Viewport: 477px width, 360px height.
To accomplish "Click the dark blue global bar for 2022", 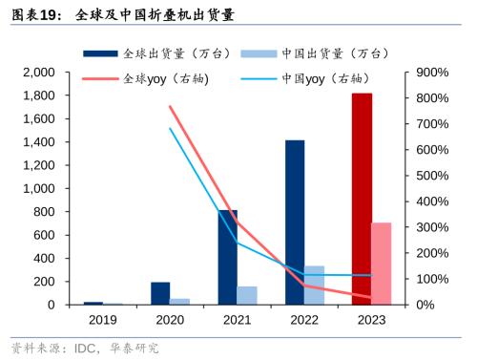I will coord(295,222).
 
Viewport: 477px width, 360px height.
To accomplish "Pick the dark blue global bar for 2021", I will coord(228,257).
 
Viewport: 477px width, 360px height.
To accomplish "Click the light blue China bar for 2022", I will coord(314,285).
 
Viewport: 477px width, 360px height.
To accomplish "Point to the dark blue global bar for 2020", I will coord(160,293).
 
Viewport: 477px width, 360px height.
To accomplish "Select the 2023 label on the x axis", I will coord(371,322).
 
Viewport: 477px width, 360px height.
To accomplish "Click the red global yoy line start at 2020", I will coord(170,106).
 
